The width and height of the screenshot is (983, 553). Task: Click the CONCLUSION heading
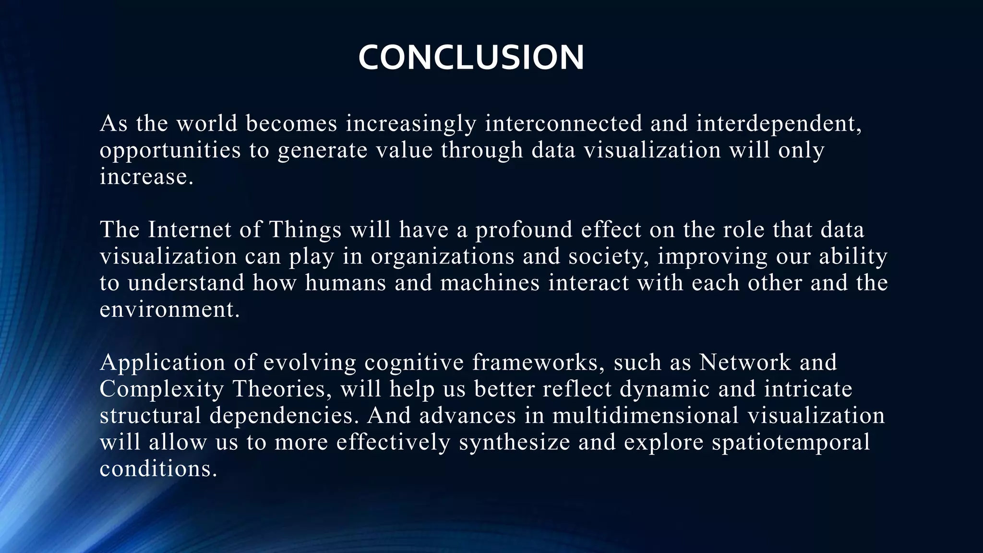(x=471, y=58)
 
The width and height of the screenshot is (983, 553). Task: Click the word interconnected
(x=563, y=123)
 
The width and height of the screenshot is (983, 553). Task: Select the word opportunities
(x=170, y=150)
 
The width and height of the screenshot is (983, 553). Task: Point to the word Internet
(x=190, y=229)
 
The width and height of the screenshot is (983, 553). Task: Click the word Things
(x=305, y=229)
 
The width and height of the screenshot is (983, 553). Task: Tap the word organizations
(x=443, y=256)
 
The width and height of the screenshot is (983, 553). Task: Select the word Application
(x=162, y=363)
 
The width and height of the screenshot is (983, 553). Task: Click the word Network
(x=745, y=362)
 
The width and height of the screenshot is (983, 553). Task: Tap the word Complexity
(x=162, y=389)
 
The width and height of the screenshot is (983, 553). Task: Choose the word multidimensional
(x=646, y=415)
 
